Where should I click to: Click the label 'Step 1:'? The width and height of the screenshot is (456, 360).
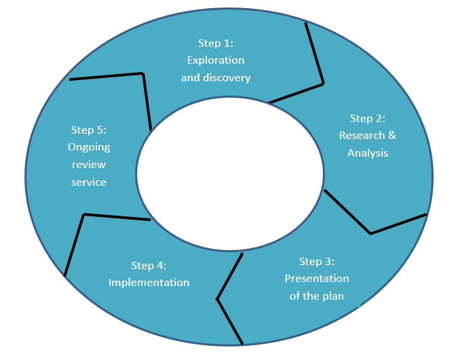[215, 43]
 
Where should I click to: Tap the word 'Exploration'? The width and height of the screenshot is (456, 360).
[215, 60]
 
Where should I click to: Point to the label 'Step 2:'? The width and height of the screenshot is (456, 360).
[368, 119]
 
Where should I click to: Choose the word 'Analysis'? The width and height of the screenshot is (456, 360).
[368, 153]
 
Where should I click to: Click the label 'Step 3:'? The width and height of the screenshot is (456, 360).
[317, 262]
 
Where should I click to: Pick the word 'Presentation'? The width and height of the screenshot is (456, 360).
[317, 279]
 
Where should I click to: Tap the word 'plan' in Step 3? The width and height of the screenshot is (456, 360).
[332, 296]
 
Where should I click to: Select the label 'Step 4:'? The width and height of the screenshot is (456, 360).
[149, 266]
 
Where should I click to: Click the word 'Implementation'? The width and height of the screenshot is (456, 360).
[149, 283]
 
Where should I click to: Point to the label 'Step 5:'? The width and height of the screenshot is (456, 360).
[89, 129]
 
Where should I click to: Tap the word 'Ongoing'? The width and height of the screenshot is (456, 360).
[89, 146]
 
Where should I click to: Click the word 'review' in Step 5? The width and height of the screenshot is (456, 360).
[89, 164]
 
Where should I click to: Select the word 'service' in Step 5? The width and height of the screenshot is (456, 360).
[89, 182]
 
